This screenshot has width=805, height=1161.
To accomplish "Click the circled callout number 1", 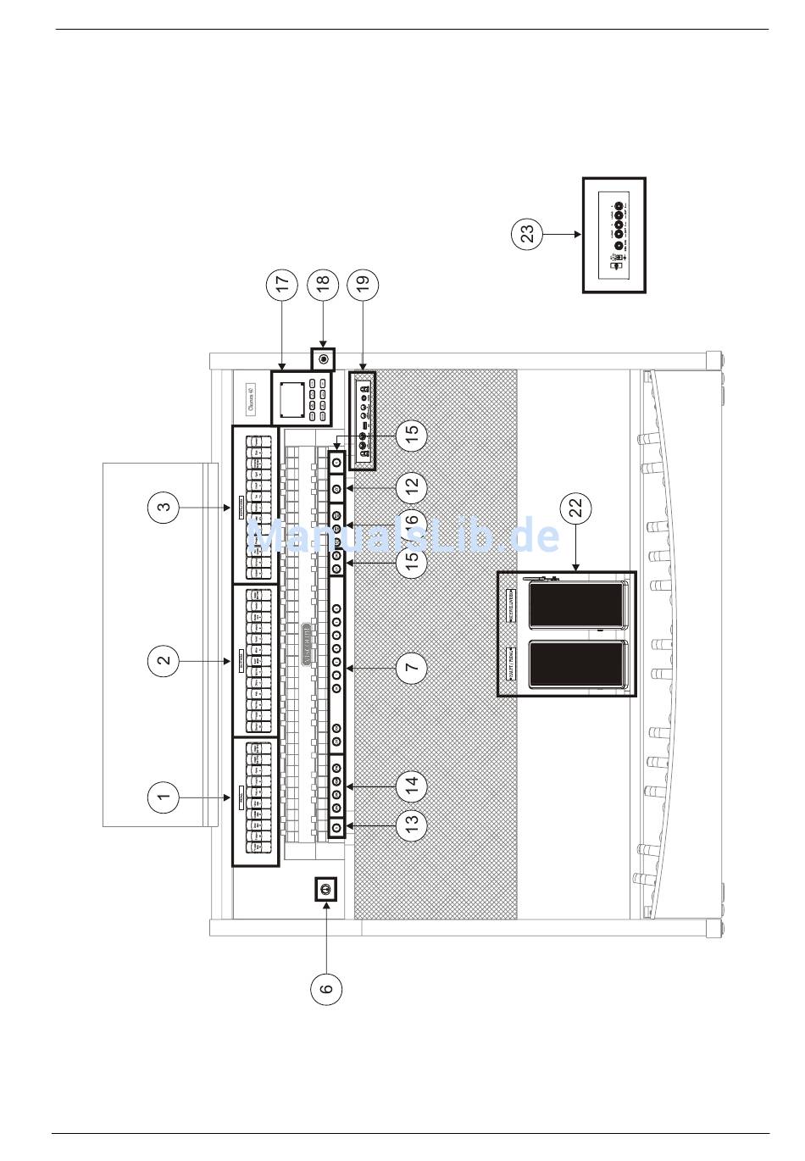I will [x=164, y=797].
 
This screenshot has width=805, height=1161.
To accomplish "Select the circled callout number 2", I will [x=164, y=660].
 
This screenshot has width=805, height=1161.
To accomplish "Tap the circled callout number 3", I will [x=164, y=508].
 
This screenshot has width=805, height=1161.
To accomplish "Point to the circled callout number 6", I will [x=326, y=988].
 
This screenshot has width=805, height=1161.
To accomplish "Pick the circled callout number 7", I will [x=412, y=668].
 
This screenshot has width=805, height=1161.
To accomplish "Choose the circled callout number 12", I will [x=412, y=488].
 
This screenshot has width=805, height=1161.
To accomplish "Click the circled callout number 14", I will [x=412, y=786].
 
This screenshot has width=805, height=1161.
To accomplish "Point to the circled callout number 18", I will [x=323, y=285].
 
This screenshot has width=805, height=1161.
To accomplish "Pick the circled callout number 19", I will [x=363, y=285].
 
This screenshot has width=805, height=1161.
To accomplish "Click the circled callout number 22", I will [x=575, y=508].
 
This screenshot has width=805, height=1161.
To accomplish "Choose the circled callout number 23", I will [x=528, y=234].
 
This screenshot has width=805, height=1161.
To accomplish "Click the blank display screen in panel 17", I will [x=291, y=397].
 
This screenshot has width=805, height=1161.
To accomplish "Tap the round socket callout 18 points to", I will [x=323, y=359].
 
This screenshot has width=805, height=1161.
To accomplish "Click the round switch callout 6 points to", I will [x=326, y=889].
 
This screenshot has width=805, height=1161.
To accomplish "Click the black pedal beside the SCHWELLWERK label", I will [x=576, y=604].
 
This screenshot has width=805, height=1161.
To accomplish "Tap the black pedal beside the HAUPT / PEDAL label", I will [x=576, y=664].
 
